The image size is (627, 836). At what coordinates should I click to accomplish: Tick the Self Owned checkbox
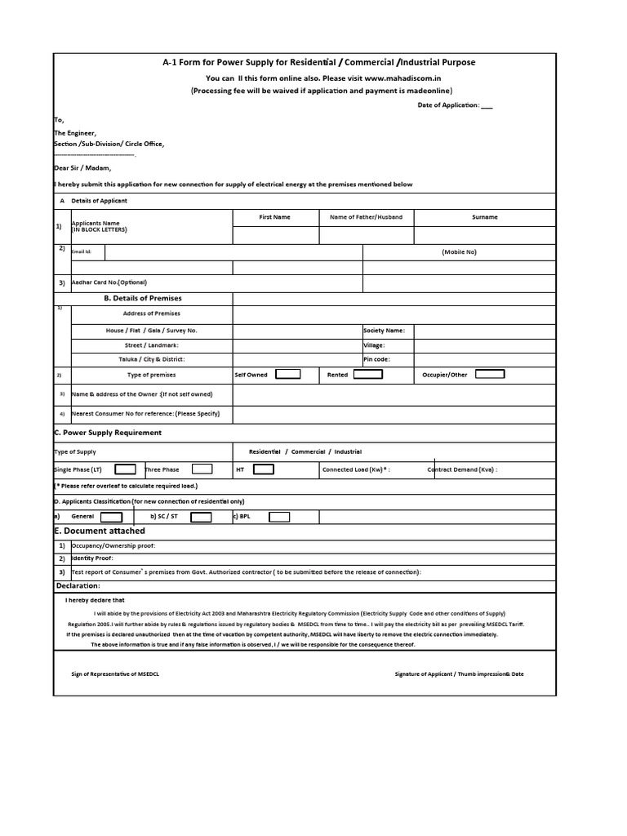tap(287, 374)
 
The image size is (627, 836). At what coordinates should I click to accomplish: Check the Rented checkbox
tap(367, 374)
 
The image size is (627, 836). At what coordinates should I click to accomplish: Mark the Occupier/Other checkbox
tap(490, 374)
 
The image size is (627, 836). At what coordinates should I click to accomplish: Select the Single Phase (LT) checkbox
tap(125, 469)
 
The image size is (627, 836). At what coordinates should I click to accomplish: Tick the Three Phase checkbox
tap(202, 469)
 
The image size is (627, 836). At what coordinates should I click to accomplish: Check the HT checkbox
tap(264, 469)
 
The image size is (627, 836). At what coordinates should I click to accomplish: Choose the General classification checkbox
tap(111, 517)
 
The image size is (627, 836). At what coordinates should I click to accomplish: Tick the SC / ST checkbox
tap(201, 517)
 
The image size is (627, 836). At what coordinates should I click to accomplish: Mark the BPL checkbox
tap(279, 517)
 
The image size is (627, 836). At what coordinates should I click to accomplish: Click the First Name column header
tap(274, 217)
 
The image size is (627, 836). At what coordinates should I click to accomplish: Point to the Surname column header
tap(484, 217)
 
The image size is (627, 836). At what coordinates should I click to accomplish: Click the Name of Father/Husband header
tap(366, 217)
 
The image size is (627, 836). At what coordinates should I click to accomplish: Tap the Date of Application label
tap(449, 105)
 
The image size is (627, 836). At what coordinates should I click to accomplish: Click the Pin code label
tap(376, 358)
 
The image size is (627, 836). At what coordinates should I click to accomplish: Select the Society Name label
tap(384, 331)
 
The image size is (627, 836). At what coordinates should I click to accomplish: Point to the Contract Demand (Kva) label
tap(462, 470)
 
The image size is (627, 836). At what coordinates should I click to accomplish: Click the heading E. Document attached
tap(99, 531)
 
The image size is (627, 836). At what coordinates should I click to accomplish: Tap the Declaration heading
tap(78, 586)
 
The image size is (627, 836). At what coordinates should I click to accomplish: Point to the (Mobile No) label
tap(459, 252)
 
